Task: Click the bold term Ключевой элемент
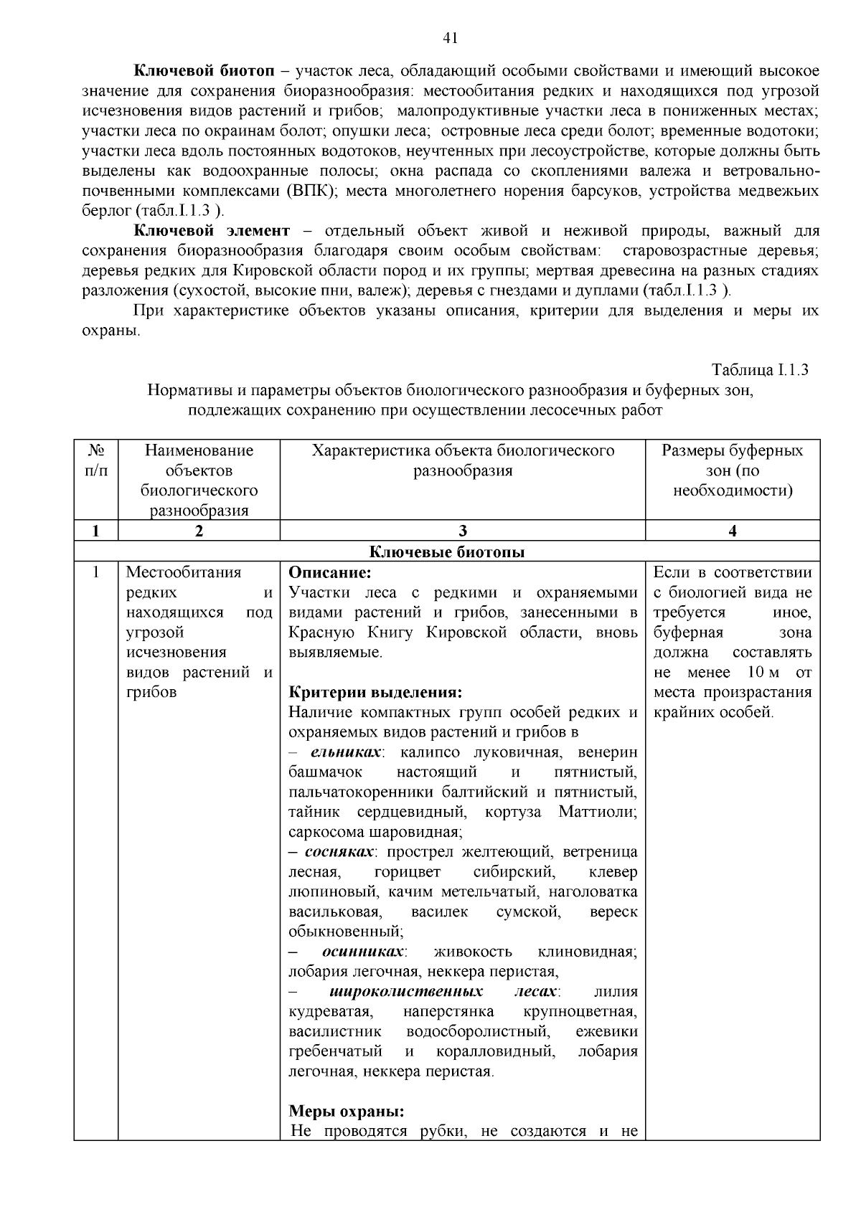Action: click(x=211, y=231)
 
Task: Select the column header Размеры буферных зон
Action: click(x=732, y=470)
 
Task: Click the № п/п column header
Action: click(x=96, y=460)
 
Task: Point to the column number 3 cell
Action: click(x=462, y=531)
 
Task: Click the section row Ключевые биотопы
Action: click(x=446, y=552)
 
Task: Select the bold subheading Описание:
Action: click(x=330, y=573)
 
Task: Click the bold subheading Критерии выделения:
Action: click(x=375, y=693)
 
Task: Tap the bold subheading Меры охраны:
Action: click(x=347, y=1112)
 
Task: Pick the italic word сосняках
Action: click(x=339, y=853)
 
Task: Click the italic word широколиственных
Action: click(x=406, y=992)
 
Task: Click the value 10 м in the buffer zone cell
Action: click(x=763, y=673)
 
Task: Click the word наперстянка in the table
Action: click(x=448, y=1012)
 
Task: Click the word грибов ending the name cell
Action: click(x=151, y=693)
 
